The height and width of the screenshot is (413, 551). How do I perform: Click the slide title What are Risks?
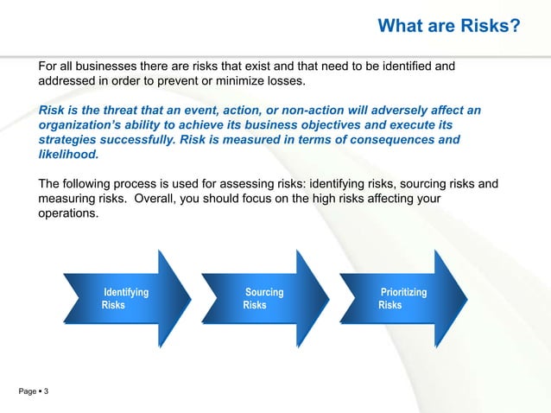point(449,29)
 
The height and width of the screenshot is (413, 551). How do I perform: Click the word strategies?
point(71,141)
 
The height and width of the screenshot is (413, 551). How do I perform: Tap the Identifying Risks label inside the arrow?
point(124,299)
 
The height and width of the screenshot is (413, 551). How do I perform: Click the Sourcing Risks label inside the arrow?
point(263,299)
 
